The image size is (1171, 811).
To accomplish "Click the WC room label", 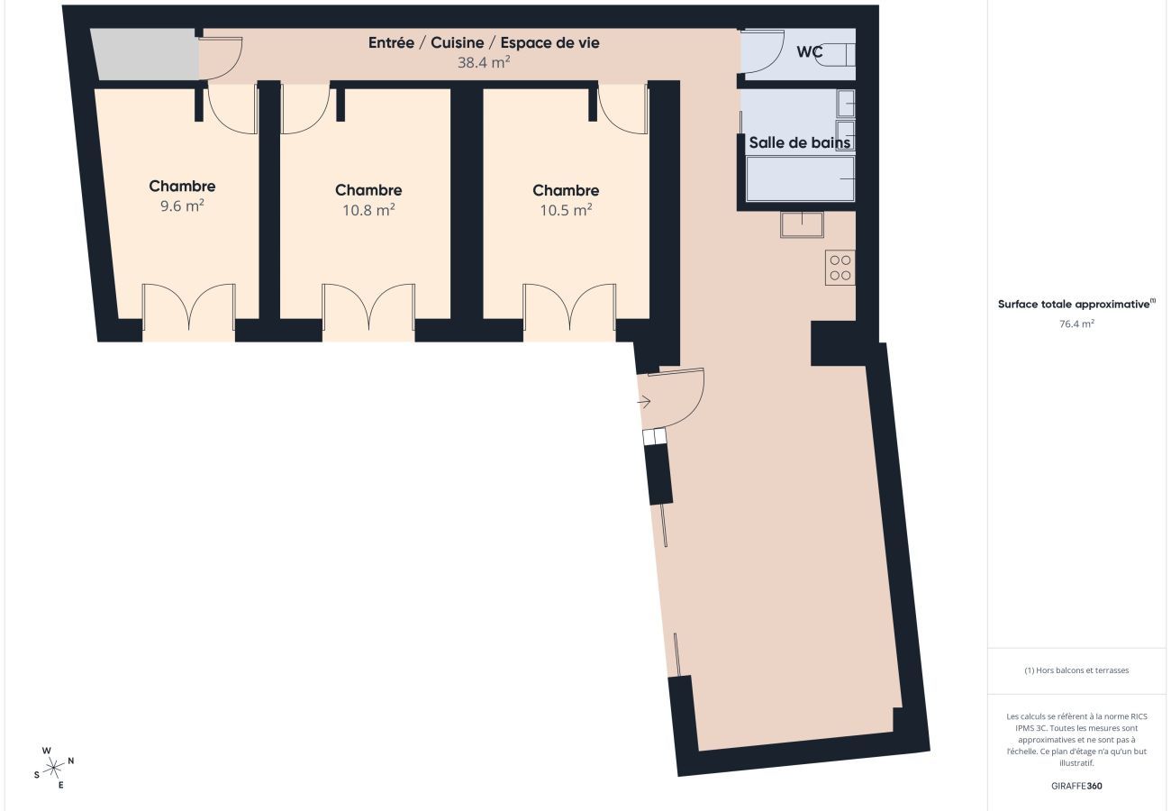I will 809,52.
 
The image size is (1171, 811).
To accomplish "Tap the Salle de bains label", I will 800,142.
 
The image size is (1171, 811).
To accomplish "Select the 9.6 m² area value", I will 182,205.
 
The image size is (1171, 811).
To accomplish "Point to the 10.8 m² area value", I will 368,209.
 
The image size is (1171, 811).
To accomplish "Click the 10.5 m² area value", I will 566,209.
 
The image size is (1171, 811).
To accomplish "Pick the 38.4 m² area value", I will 484,62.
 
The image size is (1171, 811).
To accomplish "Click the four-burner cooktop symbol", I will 840,268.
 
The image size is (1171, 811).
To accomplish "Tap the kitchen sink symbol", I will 802,223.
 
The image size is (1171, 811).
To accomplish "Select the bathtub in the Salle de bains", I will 800,178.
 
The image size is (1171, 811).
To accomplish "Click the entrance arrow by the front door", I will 645,402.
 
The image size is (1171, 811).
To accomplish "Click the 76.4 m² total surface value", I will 1076,323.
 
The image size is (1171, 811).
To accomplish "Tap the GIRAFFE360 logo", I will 1076,786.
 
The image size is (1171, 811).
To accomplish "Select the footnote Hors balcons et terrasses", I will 1076,670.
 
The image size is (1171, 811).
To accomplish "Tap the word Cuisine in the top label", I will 459,42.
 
